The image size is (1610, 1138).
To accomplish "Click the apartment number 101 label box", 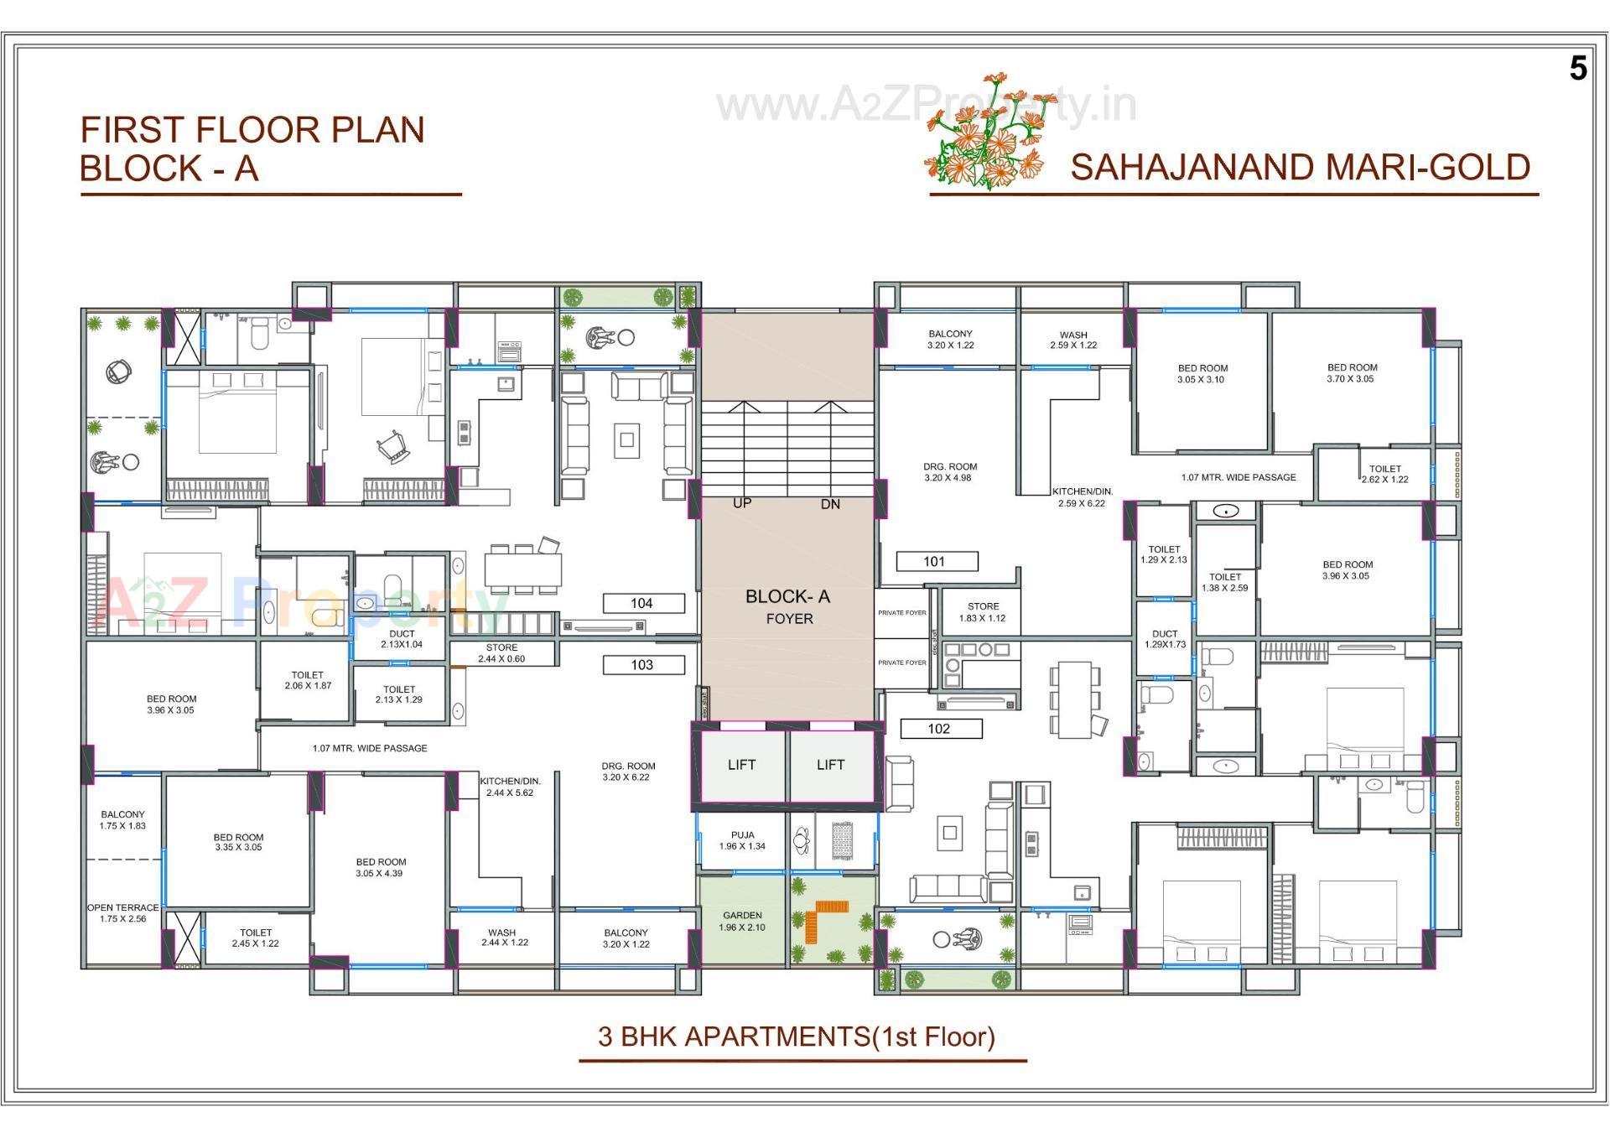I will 936,561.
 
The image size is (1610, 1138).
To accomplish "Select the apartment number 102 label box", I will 940,729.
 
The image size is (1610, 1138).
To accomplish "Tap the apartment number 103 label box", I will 642,665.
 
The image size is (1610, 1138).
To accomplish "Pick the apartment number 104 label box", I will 642,603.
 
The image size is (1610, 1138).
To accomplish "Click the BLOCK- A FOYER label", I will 788,606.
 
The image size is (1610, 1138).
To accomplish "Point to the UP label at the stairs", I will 742,503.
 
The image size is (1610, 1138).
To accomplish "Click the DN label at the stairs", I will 830,504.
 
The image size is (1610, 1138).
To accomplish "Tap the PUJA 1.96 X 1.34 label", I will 742,840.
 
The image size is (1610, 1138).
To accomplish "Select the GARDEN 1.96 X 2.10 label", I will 742,921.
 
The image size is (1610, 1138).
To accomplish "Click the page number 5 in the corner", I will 1578,69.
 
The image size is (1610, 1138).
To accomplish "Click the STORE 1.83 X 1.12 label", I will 983,612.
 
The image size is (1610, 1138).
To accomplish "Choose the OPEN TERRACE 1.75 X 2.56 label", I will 123,913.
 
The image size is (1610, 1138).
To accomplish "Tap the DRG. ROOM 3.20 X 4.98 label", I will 950,472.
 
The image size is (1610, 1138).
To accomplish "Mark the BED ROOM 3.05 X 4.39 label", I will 381,867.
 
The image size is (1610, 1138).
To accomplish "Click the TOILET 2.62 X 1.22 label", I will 1384,474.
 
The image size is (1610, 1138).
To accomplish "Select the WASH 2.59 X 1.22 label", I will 1073,340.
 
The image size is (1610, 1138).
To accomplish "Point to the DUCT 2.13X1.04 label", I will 402,639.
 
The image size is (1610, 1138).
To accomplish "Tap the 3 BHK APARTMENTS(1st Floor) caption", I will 796,1037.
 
